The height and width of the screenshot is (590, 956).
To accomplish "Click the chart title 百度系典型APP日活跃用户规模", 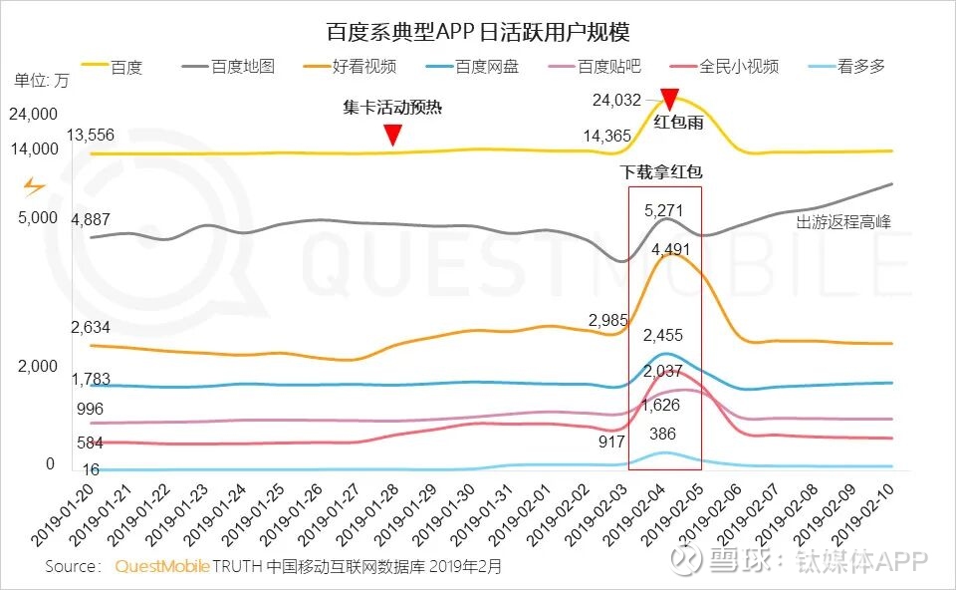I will point(478,32).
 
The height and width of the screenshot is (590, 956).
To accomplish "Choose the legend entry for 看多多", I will point(860,67).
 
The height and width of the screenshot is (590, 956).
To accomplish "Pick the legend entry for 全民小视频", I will point(738,67).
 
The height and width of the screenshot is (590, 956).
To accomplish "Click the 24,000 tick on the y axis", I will point(33,114).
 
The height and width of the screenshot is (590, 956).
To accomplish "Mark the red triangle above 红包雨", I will point(669,99).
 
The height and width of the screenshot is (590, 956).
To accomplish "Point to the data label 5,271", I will point(664,210).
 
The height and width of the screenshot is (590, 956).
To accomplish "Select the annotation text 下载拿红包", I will point(661,172).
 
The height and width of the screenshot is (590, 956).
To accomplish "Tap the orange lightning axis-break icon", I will point(34,186).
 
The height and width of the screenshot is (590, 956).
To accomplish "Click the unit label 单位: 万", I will point(42,80).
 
